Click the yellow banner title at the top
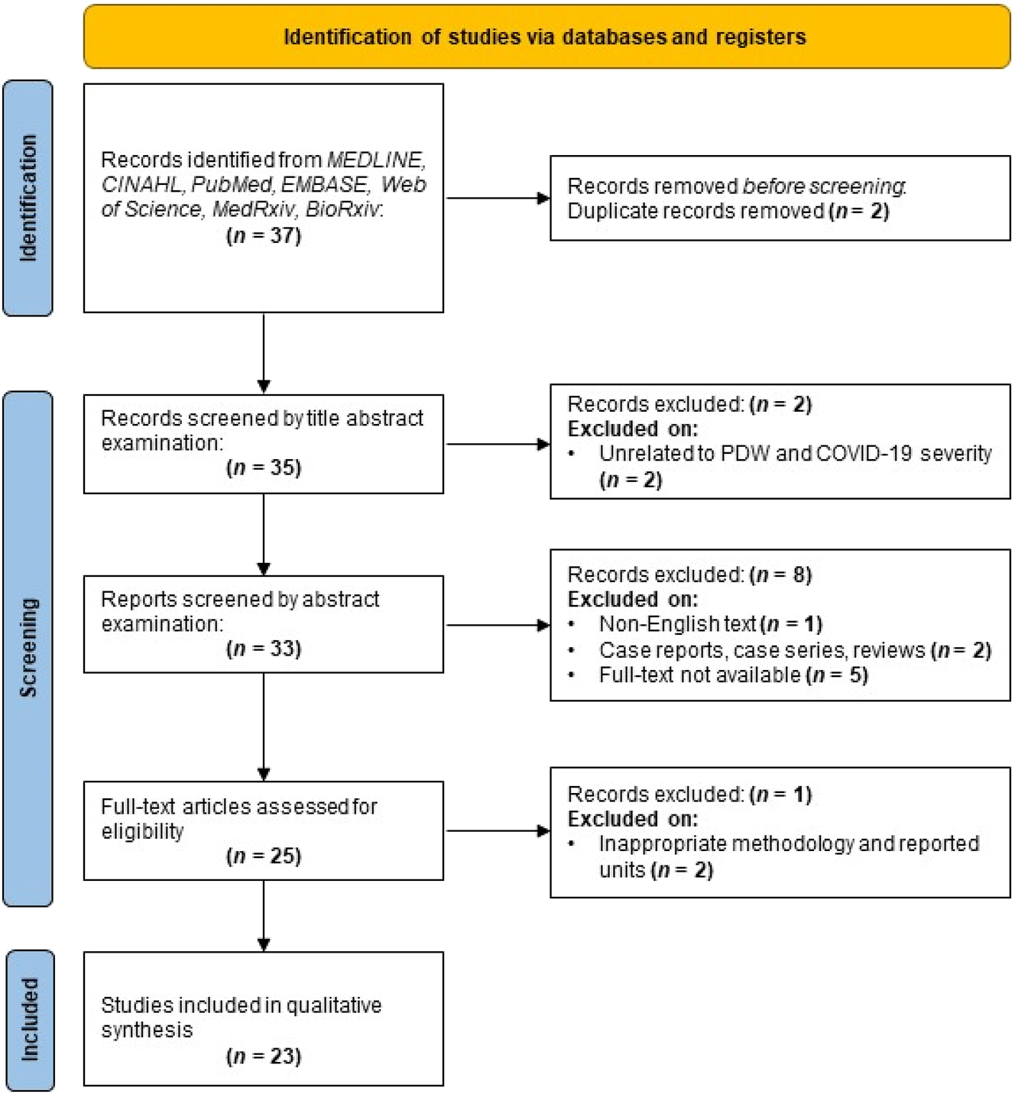point(545,37)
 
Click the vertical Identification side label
point(28,198)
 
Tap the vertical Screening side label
point(28,647)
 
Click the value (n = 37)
point(264,235)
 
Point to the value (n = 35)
point(264,468)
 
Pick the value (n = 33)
point(264,649)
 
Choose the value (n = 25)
point(264,856)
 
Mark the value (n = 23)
point(264,1057)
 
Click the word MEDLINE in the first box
point(375,160)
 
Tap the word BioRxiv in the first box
point(342,209)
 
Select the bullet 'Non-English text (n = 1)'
point(710,624)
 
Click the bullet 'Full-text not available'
point(733,675)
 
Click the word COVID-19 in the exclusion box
point(864,454)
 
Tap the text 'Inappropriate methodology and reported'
point(789,843)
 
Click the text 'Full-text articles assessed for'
point(239,807)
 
